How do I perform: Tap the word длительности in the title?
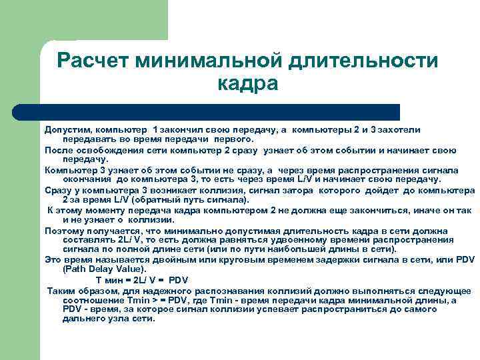coord(363,61)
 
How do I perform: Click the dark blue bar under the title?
coord(220,111)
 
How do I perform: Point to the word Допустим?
coord(67,129)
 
